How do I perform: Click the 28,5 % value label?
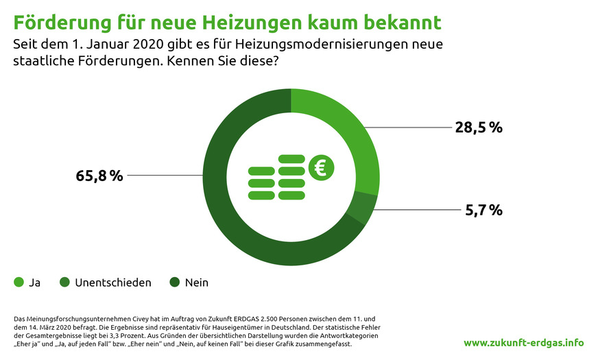coord(479,128)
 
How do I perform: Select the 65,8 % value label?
coord(99,176)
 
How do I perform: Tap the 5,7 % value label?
coord(484,210)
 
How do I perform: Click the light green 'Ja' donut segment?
coord(350,130)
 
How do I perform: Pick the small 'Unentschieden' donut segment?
coord(361,208)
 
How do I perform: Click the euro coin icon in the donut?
coord(320,167)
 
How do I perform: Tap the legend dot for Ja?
coord(19,282)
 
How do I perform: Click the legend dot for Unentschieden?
coord(64,282)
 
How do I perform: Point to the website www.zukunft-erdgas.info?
coord(524,342)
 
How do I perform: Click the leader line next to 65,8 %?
coord(165,176)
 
